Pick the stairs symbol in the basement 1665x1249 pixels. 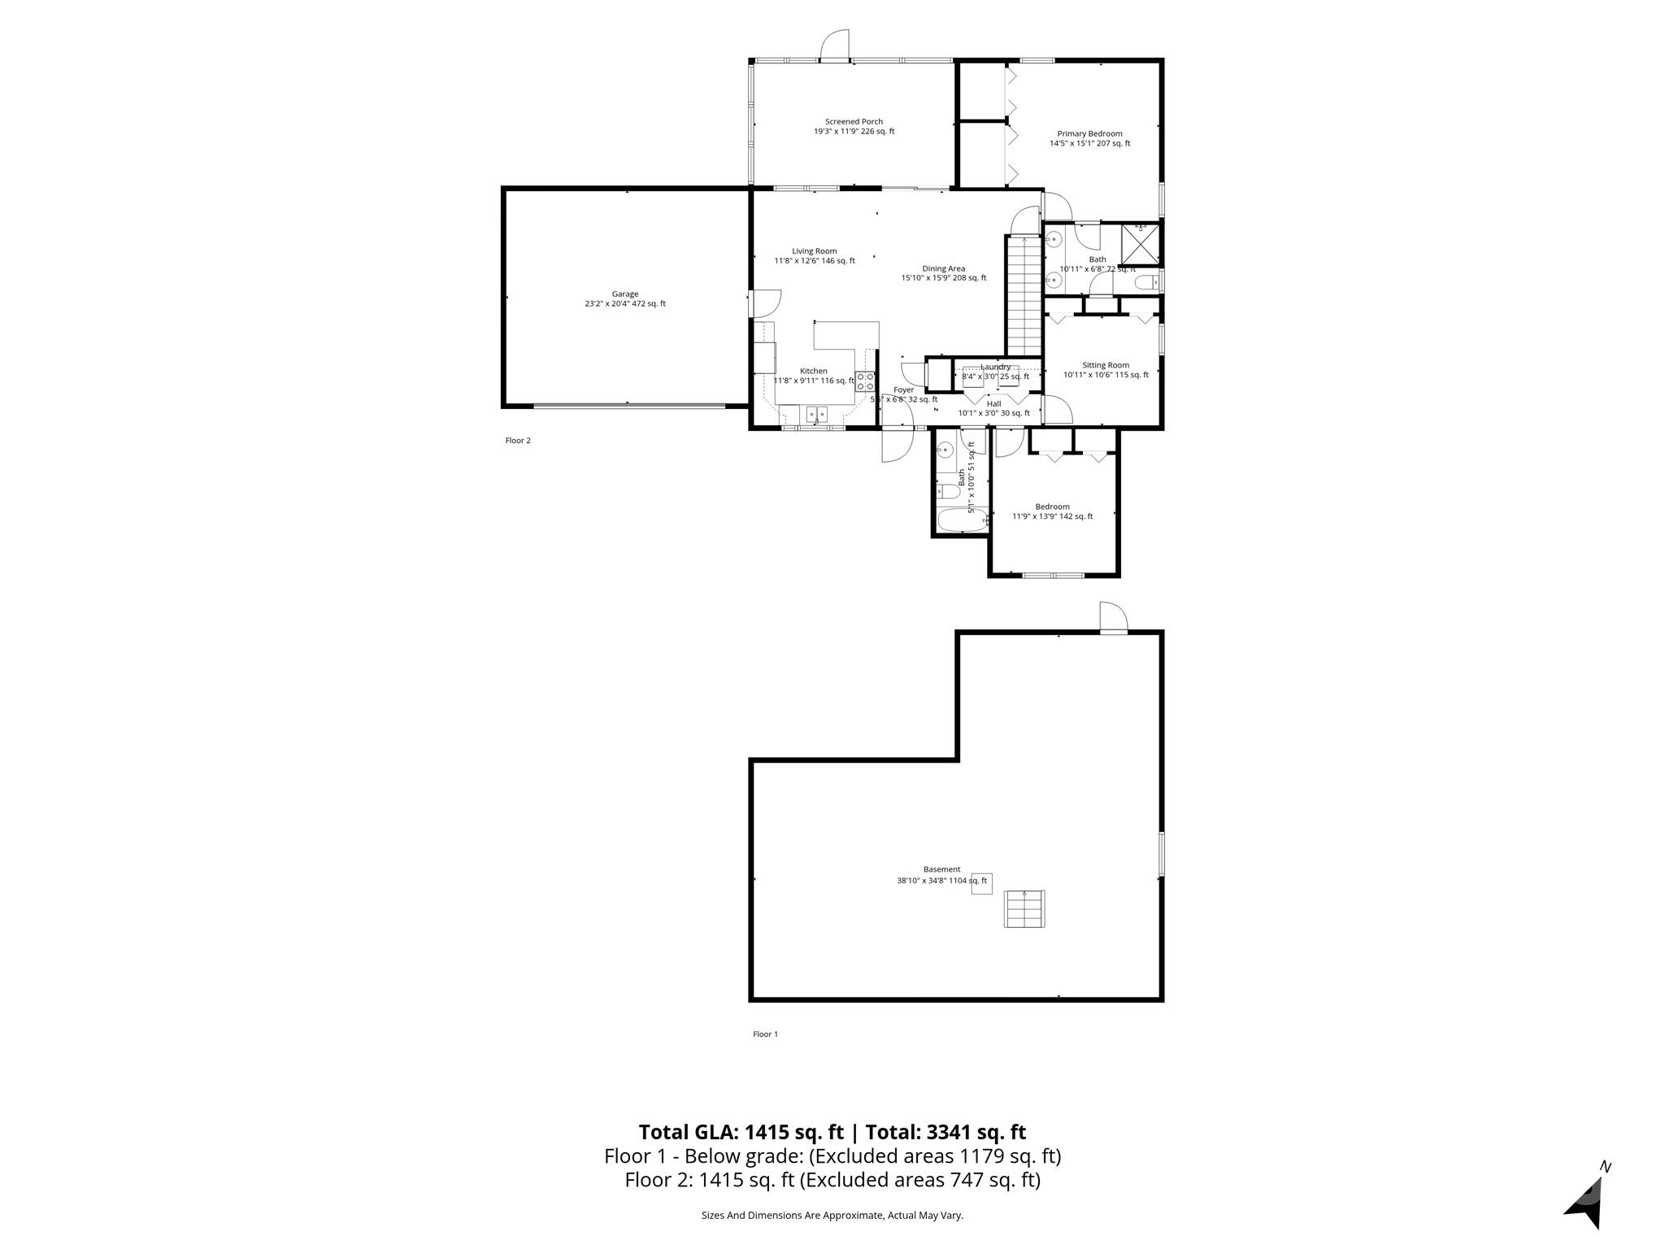pyautogui.click(x=1024, y=908)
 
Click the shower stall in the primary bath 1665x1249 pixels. pyautogui.click(x=1140, y=243)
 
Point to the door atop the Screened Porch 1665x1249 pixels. pyautogui.click(x=835, y=45)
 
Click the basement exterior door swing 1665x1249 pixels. pyautogui.click(x=1113, y=617)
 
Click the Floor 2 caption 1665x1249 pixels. pyautogui.click(x=518, y=441)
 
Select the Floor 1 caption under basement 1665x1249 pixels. pyautogui.click(x=765, y=1034)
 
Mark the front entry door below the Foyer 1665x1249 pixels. pyautogui.click(x=898, y=445)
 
